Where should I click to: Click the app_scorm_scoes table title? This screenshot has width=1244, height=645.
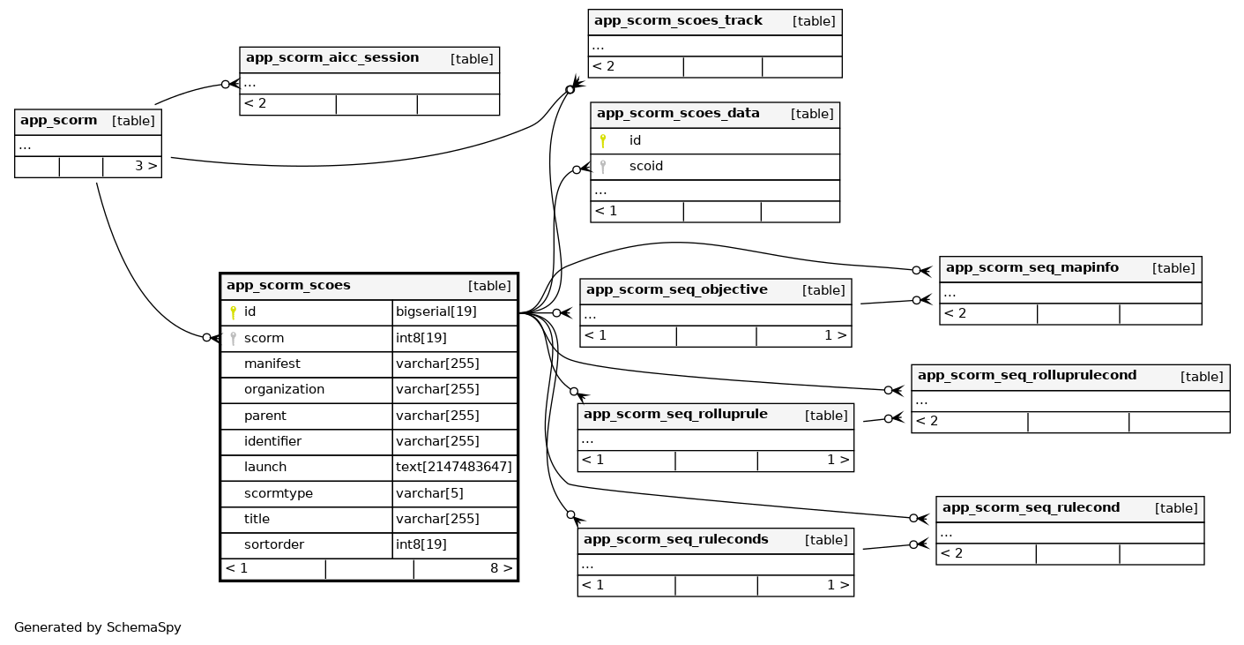[288, 286]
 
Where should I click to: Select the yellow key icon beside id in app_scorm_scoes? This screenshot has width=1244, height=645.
[233, 312]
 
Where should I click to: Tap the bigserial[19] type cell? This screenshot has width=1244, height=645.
[436, 312]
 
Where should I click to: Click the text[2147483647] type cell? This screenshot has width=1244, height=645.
[453, 468]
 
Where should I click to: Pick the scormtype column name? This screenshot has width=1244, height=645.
[278, 493]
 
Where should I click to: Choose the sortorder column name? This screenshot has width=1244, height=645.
[273, 545]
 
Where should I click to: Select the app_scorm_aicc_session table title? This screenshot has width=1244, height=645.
[332, 58]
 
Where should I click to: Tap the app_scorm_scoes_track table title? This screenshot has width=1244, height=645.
[678, 21]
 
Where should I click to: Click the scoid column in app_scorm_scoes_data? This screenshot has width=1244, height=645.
[645, 167]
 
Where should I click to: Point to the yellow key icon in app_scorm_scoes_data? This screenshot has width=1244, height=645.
[603, 140]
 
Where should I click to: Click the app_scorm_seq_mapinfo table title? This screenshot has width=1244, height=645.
[1032, 268]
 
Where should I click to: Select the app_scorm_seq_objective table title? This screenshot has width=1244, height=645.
[676, 290]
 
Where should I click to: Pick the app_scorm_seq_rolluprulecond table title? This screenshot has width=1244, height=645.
[1026, 376]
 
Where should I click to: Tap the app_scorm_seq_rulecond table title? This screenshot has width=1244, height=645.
[1031, 508]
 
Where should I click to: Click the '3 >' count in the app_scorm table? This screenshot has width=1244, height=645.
[145, 166]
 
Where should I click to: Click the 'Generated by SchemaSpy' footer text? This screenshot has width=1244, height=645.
[98, 628]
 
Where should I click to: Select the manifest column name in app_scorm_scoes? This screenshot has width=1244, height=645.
[272, 364]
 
